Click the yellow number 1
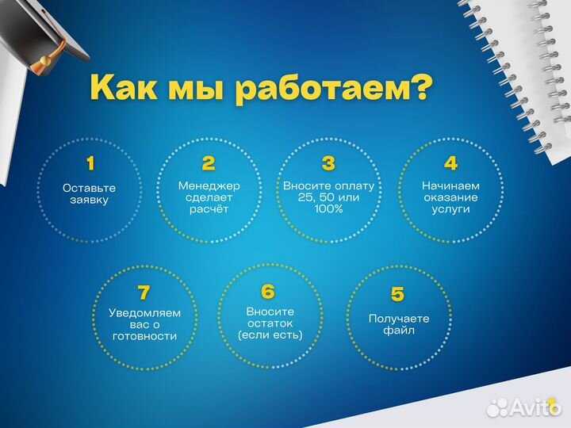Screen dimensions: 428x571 [90, 164]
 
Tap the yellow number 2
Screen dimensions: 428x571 [209, 164]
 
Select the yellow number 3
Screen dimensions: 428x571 [328, 164]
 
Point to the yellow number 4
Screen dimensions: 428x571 [450, 164]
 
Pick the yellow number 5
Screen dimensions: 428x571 [398, 295]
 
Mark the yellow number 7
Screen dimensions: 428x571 [144, 292]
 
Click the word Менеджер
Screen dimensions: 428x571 [209, 185]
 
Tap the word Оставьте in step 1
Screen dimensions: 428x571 [89, 188]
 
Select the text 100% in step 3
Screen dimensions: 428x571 [328, 209]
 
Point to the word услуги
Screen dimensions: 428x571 [450, 209]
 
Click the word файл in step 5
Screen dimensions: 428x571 [399, 331]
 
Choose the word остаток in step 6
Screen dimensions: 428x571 [270, 323]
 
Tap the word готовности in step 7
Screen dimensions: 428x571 [144, 336]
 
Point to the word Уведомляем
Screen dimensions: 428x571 [144, 313]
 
